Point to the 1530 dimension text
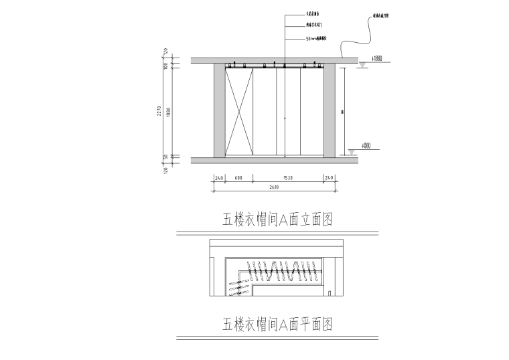tap(286, 178)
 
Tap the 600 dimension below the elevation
tap(238, 178)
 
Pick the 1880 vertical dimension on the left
tap(168, 112)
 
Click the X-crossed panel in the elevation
tap(239, 112)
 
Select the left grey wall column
tap(219, 110)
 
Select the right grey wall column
tap(330, 110)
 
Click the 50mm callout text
tap(315, 39)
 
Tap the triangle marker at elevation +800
tap(352, 153)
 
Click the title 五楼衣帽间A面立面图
tap(277, 219)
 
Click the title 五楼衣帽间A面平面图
tap(277, 325)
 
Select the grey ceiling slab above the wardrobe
tap(275, 60)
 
